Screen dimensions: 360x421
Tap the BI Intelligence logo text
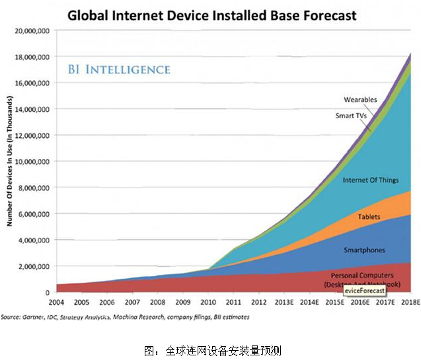tap(119, 69)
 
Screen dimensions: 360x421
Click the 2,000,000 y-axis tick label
tap(35, 266)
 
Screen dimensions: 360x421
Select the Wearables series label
tap(360, 100)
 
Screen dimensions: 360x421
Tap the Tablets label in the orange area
tap(368, 217)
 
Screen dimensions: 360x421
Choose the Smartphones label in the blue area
tap(363, 250)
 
